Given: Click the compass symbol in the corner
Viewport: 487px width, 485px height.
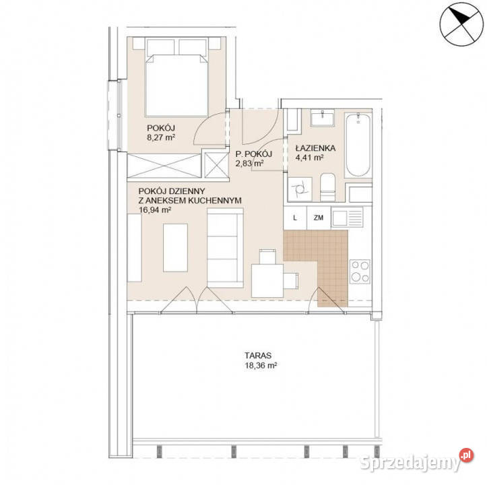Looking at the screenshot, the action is point(462,24).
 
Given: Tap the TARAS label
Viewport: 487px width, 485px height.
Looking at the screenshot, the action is point(258,355).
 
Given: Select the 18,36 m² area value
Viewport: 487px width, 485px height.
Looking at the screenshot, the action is point(261,365).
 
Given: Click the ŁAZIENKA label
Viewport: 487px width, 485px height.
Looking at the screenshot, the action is point(315,148).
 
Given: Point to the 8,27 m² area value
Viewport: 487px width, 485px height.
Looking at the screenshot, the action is point(161,137).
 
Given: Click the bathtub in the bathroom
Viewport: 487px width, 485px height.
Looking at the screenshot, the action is point(358,145).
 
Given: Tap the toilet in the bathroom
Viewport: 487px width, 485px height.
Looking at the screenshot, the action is point(327,187).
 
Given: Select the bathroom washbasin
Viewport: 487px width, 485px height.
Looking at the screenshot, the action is point(323,118).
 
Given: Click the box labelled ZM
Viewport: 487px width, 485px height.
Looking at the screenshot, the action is point(319,218).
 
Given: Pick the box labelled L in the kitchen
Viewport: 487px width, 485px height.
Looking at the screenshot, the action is point(295,218).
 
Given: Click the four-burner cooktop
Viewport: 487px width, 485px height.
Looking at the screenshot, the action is point(360,271).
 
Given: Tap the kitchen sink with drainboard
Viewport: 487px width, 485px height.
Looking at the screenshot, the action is point(348,218).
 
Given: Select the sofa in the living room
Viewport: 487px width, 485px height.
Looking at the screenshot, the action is point(225,248).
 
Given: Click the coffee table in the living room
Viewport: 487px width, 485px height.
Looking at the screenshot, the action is point(175,248).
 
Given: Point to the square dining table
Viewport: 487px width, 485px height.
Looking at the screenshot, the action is point(267,281).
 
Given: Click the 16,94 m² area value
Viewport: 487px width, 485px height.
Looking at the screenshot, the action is point(155,209).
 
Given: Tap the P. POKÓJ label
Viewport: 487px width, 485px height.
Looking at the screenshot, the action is point(254,154).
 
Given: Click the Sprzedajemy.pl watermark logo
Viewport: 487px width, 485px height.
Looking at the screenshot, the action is point(416,461).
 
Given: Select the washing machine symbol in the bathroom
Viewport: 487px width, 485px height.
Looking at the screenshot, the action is point(300,189).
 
